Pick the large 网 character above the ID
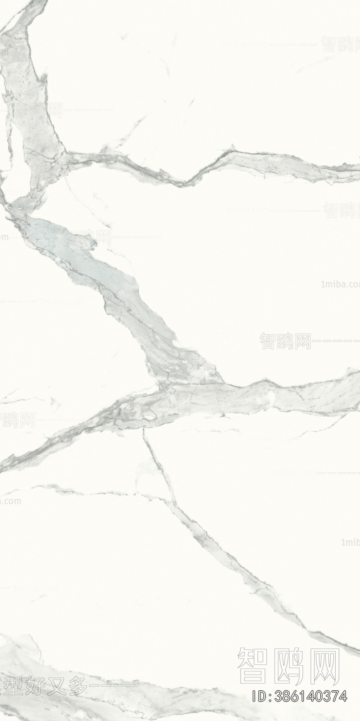(x=324, y=665)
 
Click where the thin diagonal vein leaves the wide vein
(x=144, y=430)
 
